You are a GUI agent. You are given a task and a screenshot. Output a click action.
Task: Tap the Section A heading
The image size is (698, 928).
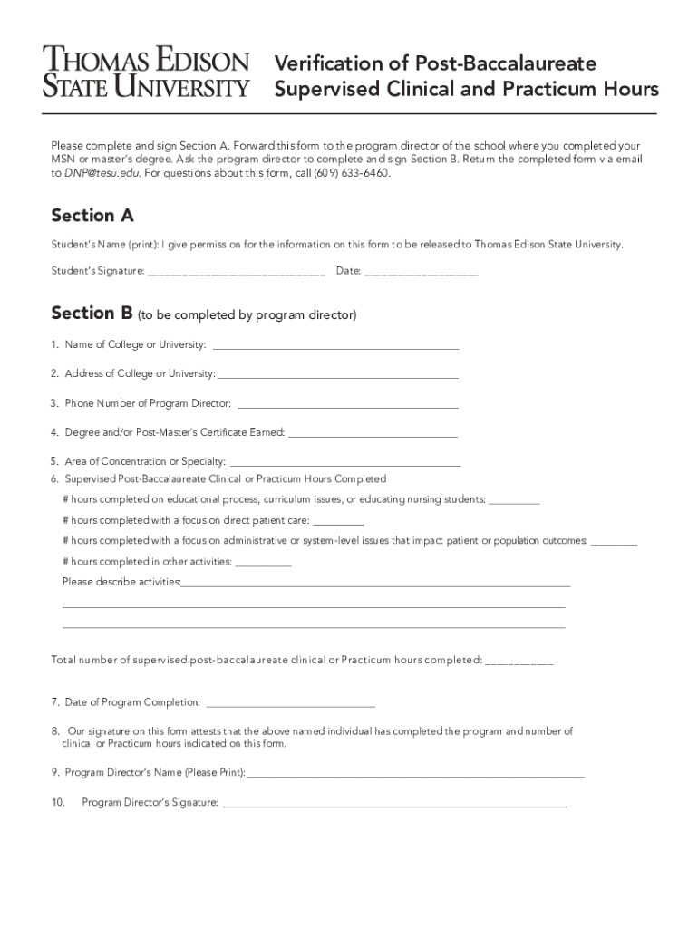(x=92, y=215)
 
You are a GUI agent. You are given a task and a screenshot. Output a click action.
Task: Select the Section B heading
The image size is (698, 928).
(x=92, y=313)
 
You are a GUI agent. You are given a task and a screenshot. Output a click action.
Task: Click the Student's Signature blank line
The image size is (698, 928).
(x=236, y=272)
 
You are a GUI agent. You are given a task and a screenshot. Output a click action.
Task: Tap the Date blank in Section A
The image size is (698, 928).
(x=421, y=272)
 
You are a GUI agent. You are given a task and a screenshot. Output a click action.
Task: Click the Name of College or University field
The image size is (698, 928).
(x=335, y=346)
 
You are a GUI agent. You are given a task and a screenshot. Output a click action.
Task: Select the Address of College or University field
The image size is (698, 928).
(x=337, y=375)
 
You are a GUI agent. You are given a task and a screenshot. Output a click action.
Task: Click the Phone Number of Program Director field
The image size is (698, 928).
(x=346, y=404)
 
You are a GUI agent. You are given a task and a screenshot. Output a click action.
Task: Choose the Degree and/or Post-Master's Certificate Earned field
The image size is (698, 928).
(x=373, y=434)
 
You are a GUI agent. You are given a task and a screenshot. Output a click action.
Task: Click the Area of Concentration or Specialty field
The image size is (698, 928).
(x=345, y=463)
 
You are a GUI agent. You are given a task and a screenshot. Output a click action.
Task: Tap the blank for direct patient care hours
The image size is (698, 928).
(x=339, y=522)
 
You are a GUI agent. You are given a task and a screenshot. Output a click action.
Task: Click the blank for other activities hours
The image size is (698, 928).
(x=263, y=563)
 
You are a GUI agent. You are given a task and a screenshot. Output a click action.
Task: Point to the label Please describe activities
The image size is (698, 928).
(x=121, y=582)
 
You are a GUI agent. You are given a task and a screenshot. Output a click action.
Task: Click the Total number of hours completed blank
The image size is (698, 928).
(x=519, y=662)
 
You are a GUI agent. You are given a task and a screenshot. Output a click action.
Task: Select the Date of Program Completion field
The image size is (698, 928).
(x=291, y=703)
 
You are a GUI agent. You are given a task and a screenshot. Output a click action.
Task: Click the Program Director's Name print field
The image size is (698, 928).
(x=416, y=775)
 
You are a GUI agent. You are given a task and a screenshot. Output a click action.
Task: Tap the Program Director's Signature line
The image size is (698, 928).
(x=394, y=804)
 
